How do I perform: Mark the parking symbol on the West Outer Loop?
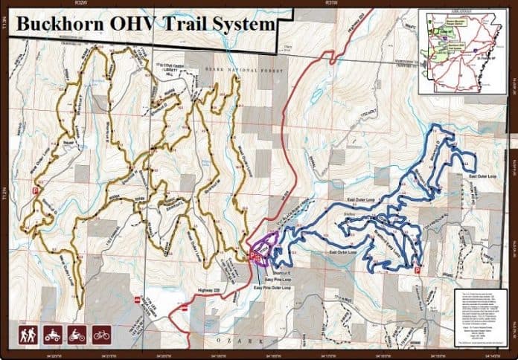(34, 190)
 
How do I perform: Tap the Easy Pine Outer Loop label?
(269, 286)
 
